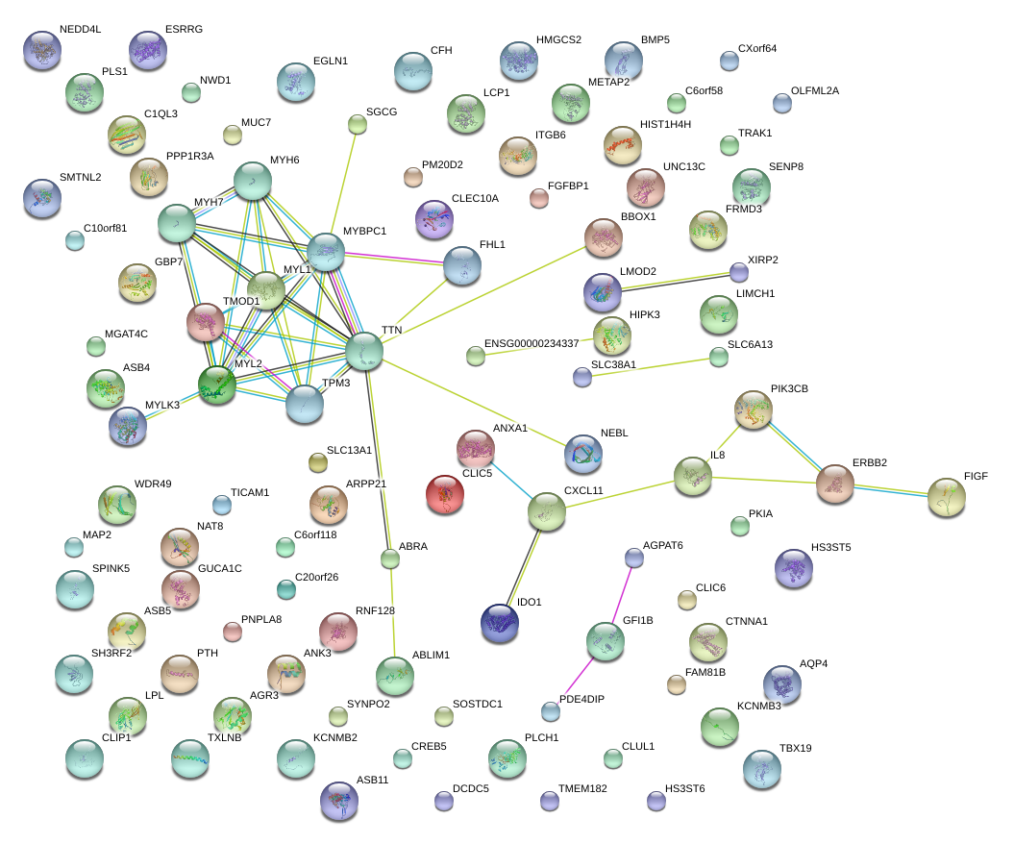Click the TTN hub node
click(x=364, y=352)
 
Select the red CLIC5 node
click(x=445, y=494)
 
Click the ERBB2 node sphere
click(x=835, y=483)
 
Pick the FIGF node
click(x=947, y=499)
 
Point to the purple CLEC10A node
click(x=433, y=219)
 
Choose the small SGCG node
click(x=357, y=124)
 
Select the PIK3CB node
click(x=753, y=410)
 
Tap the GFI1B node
click(x=606, y=641)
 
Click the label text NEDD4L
click(x=80, y=30)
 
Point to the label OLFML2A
click(x=814, y=91)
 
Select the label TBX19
click(x=796, y=748)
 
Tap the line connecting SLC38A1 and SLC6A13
click(x=651, y=367)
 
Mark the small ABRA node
click(x=390, y=559)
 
